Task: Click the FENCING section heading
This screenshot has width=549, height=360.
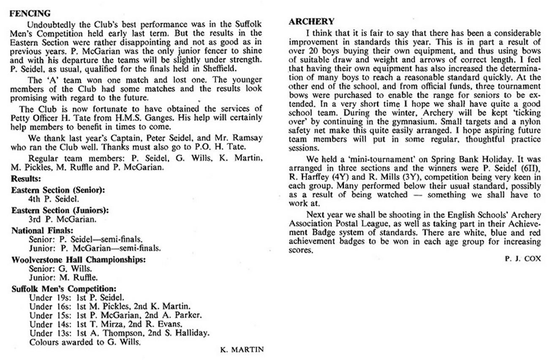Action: tap(30, 14)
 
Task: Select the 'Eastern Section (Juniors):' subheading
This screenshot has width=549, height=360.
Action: tap(60, 210)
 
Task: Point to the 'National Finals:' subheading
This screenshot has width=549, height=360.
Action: tap(43, 231)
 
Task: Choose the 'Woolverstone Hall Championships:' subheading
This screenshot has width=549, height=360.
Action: tap(79, 259)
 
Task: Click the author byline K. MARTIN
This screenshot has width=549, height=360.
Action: tap(242, 349)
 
